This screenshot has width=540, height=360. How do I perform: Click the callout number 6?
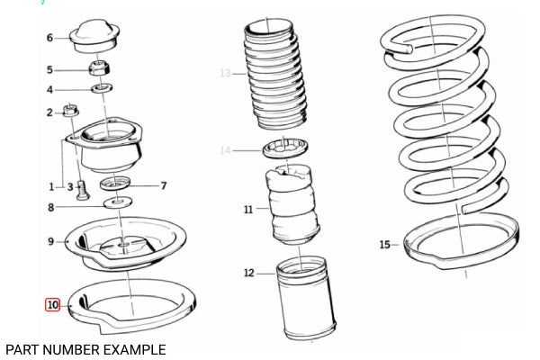pos(50,38)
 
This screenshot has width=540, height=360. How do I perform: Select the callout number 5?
pos(50,69)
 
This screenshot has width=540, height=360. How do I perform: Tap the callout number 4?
pos(50,89)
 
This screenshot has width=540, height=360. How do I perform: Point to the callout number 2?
pos(50,112)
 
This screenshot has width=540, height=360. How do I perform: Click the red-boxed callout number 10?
pos(53,305)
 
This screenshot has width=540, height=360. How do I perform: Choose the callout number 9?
pos(50,241)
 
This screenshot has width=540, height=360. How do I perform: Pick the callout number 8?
pos(50,208)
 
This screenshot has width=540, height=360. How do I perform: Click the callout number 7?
pos(163,186)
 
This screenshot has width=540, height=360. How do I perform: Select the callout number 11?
pos(248,209)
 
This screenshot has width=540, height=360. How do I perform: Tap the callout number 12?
pos(248,273)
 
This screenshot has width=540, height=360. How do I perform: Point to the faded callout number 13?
pos(226,73)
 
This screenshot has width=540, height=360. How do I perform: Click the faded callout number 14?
pos(226,150)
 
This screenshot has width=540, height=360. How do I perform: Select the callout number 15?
pos(384,244)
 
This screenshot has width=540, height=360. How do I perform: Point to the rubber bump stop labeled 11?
pos(292,209)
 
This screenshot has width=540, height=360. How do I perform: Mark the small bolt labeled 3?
pos(82,190)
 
